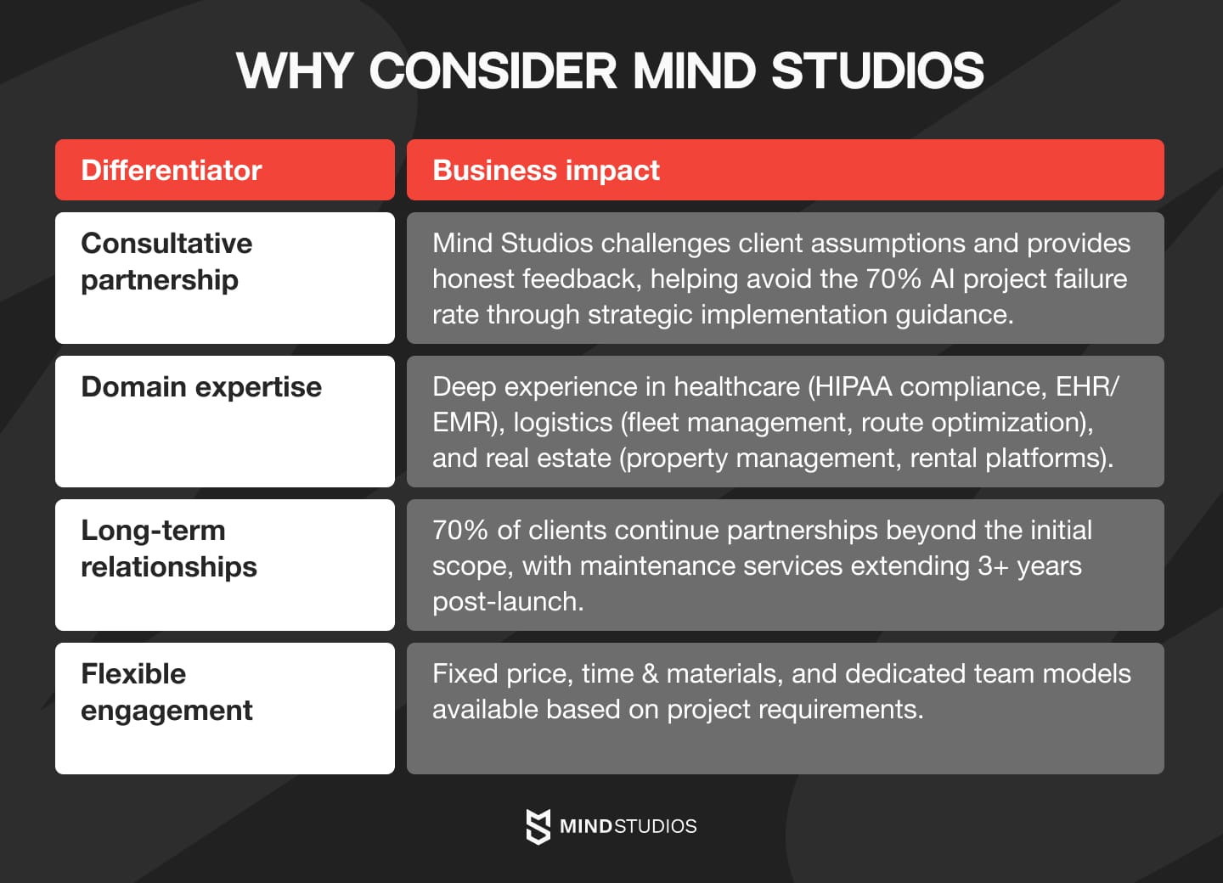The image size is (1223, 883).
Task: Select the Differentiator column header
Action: pyautogui.click(x=172, y=170)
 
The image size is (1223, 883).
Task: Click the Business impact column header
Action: pyautogui.click(x=546, y=170)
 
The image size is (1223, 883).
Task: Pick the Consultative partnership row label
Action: pyautogui.click(x=166, y=262)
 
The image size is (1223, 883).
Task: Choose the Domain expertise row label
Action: pyautogui.click(x=201, y=387)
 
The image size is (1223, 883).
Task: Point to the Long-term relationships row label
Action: pyautogui.click(x=168, y=548)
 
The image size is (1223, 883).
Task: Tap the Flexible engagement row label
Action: pyautogui.click(x=166, y=692)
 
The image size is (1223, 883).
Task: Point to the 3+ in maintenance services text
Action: pyautogui.click(x=992, y=566)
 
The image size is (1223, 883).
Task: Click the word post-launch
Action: pyautogui.click(x=507, y=602)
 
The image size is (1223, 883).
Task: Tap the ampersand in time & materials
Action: pyautogui.click(x=650, y=674)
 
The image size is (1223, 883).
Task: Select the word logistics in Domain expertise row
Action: pyautogui.click(x=562, y=423)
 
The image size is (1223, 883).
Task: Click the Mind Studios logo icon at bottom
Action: pyautogui.click(x=538, y=826)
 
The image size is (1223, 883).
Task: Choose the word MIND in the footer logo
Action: pyautogui.click(x=585, y=826)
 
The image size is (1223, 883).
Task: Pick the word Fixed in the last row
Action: pyautogui.click(x=465, y=674)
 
